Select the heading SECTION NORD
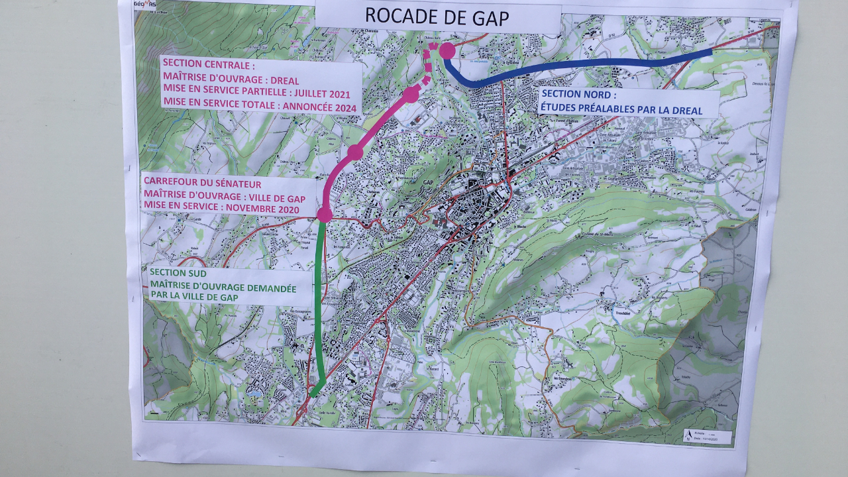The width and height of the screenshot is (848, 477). coord(578,95)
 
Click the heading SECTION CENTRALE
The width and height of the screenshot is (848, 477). coord(208,66)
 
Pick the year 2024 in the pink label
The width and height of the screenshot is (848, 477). coord(344,108)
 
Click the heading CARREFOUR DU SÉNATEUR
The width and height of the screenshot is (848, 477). coord(202,184)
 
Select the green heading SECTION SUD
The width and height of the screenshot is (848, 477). coord(178,272)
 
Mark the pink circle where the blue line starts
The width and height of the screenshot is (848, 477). coord(447,50)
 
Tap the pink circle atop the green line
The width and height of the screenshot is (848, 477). coord(324,215)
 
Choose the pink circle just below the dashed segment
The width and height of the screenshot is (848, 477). coord(410,95)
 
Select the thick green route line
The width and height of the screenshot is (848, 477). coord(319,305)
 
